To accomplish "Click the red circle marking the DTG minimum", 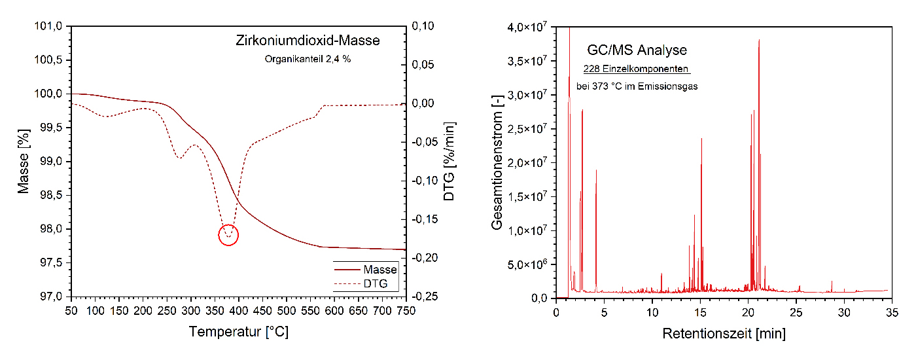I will coord(228,234).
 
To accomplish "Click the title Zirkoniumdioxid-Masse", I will coord(308,41).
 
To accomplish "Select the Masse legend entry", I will coord(380,269).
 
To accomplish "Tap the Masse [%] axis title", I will coord(24,162).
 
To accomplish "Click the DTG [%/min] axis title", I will coord(449,162).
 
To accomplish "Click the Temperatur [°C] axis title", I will coord(238,332).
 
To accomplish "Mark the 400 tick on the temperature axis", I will coord(238,310).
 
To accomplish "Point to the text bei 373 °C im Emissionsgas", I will coord(637,86).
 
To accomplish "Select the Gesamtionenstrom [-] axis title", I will coord(498,162).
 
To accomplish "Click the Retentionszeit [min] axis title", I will coord(724,334).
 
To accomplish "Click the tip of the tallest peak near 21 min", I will coord(759,40).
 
